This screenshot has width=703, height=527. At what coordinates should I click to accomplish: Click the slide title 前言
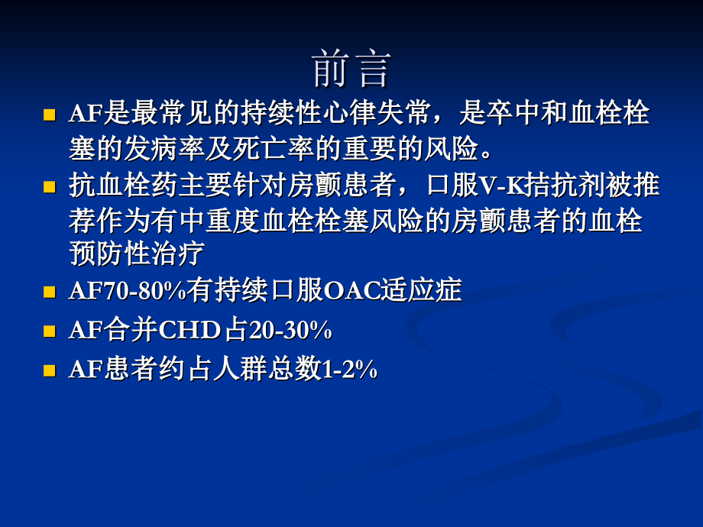pos(351,70)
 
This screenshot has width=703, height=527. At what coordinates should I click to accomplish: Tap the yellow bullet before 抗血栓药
pos(50,186)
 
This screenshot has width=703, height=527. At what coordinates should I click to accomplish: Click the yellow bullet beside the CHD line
pos(50,331)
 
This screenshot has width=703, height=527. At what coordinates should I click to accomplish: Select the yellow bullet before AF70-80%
pos(50,292)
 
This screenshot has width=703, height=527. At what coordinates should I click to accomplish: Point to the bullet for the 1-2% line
pos(50,370)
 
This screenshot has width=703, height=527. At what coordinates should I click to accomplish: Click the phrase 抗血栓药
pos(118,186)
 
